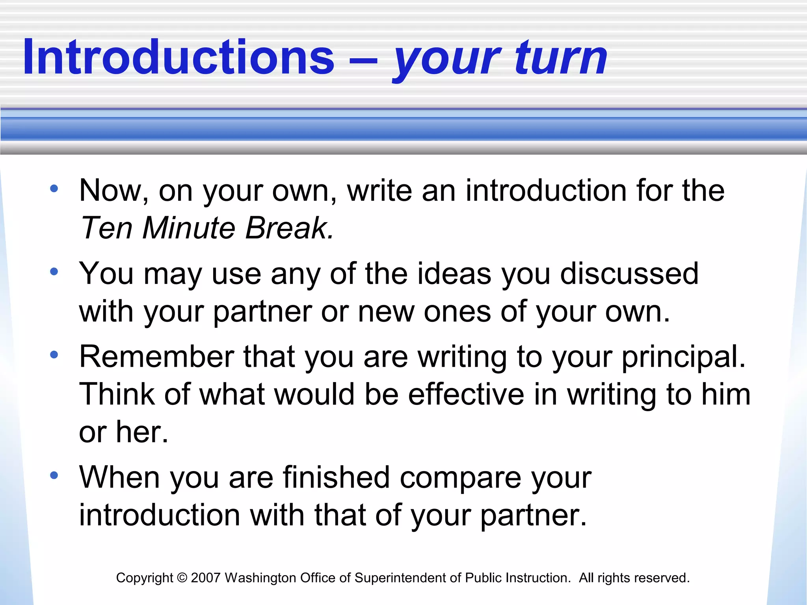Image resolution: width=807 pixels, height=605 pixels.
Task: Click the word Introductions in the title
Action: [179, 57]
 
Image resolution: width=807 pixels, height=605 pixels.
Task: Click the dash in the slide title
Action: [363, 61]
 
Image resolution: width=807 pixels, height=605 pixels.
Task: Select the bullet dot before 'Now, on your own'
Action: [54, 188]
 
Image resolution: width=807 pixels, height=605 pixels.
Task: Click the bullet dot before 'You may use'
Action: [54, 271]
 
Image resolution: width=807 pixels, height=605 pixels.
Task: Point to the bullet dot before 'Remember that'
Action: [54, 354]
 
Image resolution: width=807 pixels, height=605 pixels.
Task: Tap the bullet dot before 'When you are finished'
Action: [54, 475]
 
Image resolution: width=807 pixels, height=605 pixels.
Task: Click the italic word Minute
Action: [189, 228]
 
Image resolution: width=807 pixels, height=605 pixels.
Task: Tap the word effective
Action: [466, 395]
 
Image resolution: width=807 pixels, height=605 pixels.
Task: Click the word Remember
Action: [157, 357]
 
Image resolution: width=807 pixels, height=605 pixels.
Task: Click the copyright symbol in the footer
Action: [182, 578]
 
